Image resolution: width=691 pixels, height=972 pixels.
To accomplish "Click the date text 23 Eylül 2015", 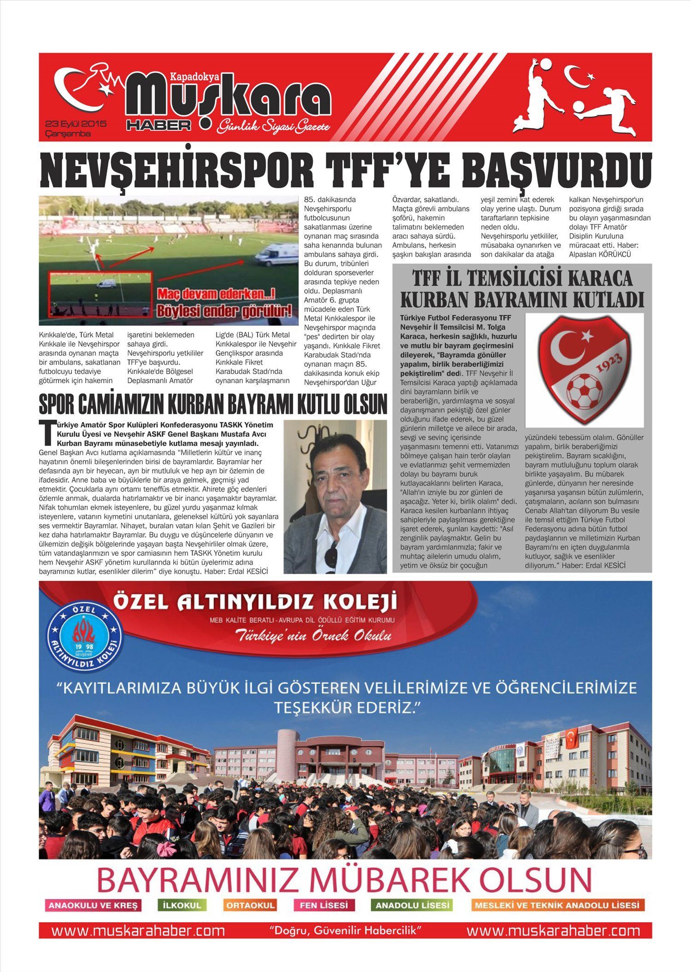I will (76, 124).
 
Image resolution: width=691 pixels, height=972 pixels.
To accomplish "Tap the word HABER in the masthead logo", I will (159, 125).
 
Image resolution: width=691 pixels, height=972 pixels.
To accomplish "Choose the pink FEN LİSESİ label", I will (324, 905).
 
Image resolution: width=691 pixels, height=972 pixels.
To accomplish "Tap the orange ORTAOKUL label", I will (251, 905).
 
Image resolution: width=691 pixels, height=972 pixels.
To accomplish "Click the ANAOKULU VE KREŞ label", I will (93, 905).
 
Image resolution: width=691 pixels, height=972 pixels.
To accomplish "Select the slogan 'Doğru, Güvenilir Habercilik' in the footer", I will (345, 931).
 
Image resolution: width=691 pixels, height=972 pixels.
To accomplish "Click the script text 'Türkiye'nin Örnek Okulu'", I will (313, 636).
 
